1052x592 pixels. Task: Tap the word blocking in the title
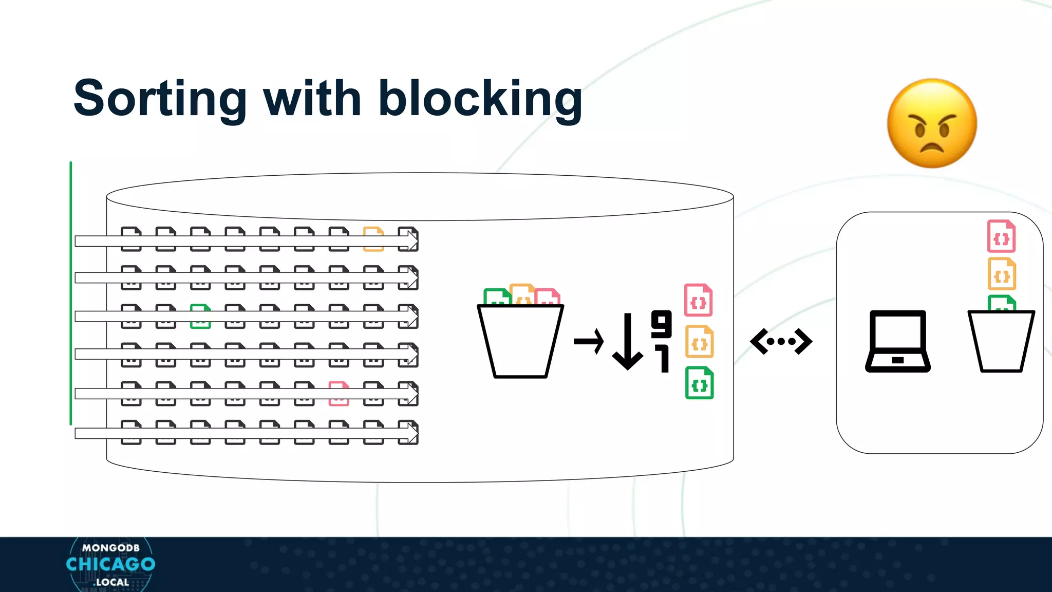pos(480,99)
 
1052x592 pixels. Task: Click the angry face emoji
pos(932,123)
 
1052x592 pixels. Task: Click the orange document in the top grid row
pos(373,239)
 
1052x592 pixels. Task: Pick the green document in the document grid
pos(200,316)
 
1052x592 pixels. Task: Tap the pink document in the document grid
pos(339,394)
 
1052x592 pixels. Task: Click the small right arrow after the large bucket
pos(589,341)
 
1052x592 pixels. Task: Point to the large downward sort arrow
pos(627,342)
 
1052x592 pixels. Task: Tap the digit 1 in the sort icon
pos(664,359)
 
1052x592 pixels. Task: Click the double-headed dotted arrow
pos(781,341)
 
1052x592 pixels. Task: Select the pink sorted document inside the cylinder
pos(699,300)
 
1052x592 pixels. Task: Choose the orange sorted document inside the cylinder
pos(699,342)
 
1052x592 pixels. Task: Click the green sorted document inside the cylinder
pos(699,383)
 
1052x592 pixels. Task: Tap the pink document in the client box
pos(1001,236)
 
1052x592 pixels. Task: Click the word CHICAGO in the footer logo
pos(110,564)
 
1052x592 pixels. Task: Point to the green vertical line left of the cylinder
pos(71,293)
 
